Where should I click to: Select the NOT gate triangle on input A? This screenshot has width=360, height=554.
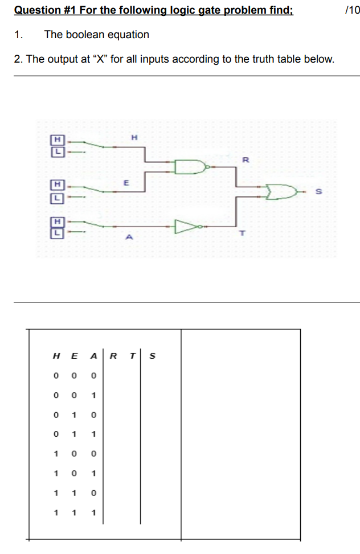tap(186, 227)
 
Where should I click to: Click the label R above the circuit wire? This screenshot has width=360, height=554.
tap(245, 160)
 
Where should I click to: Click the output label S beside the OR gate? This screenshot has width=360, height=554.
tap(319, 193)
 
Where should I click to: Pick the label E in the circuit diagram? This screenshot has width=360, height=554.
tap(126, 183)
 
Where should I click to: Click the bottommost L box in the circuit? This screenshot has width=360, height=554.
tap(57, 233)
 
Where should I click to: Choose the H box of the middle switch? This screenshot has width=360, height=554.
tap(57, 185)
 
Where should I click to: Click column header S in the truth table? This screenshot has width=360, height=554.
tap(152, 356)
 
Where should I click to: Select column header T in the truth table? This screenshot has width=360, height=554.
tap(132, 356)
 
